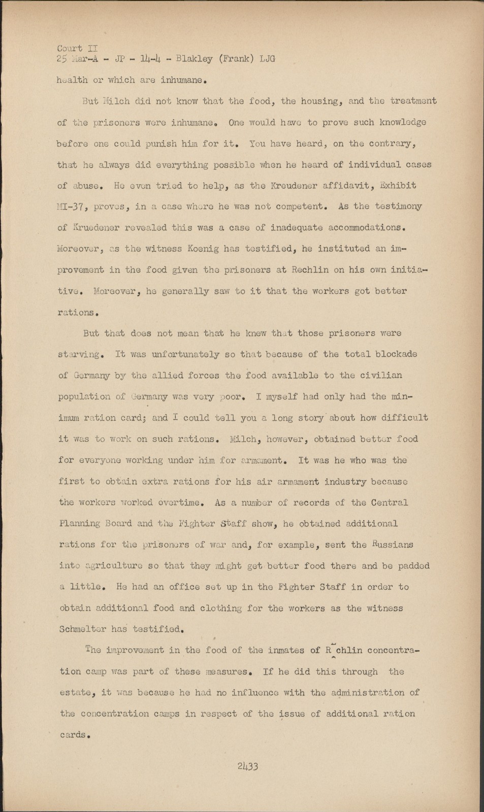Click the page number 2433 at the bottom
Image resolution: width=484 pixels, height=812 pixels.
click(x=247, y=766)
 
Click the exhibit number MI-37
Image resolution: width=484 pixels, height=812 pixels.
click(x=71, y=207)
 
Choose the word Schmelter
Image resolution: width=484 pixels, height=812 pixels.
click(x=83, y=629)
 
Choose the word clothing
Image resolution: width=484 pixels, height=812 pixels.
click(x=220, y=608)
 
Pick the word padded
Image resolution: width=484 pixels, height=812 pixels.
click(x=412, y=566)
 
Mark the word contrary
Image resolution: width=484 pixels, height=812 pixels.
click(x=396, y=144)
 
